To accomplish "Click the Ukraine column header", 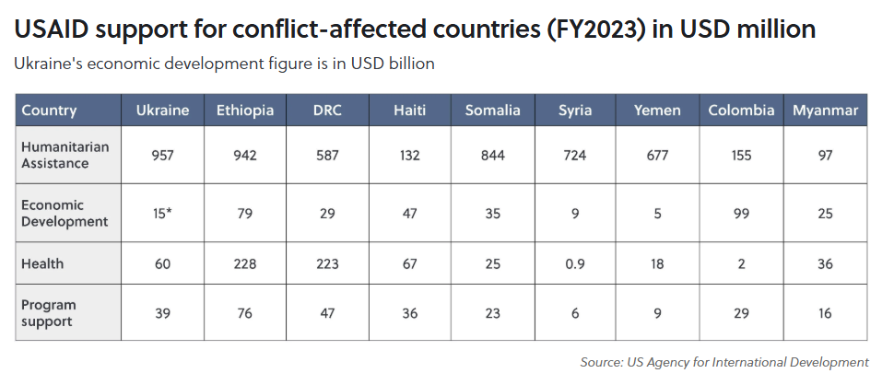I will [162, 111].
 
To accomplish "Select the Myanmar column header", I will [825, 111].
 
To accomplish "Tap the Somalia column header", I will [492, 111].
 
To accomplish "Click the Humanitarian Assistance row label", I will [54, 156].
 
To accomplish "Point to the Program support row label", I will [49, 313].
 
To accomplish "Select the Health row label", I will [42, 263].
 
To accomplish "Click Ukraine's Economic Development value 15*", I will [162, 214].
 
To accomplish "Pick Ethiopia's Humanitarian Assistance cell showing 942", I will [244, 156].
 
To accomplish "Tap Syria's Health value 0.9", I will [575, 263].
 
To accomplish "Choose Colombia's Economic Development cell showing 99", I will [741, 214].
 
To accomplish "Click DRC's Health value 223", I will [327, 263].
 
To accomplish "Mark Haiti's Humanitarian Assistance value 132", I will [409, 156].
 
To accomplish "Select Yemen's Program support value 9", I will [658, 313].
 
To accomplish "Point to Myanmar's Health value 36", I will [825, 263].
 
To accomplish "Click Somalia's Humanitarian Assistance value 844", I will [492, 156].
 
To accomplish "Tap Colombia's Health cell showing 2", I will [741, 263].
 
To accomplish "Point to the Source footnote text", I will [724, 362].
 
